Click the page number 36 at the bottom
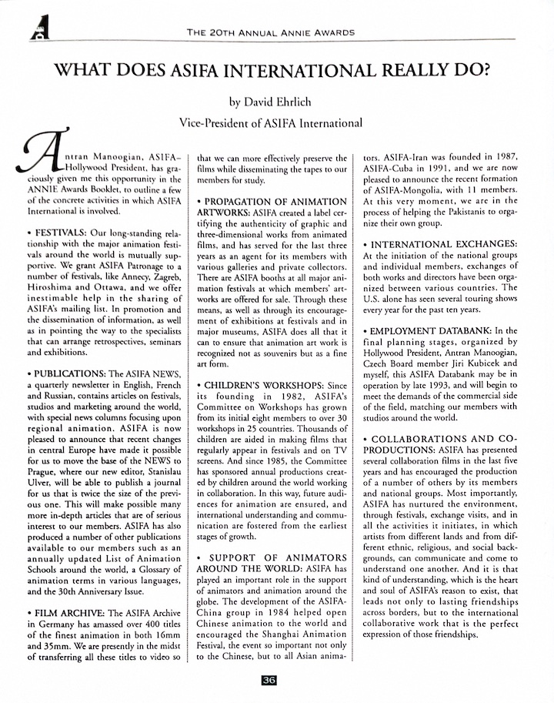268,680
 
